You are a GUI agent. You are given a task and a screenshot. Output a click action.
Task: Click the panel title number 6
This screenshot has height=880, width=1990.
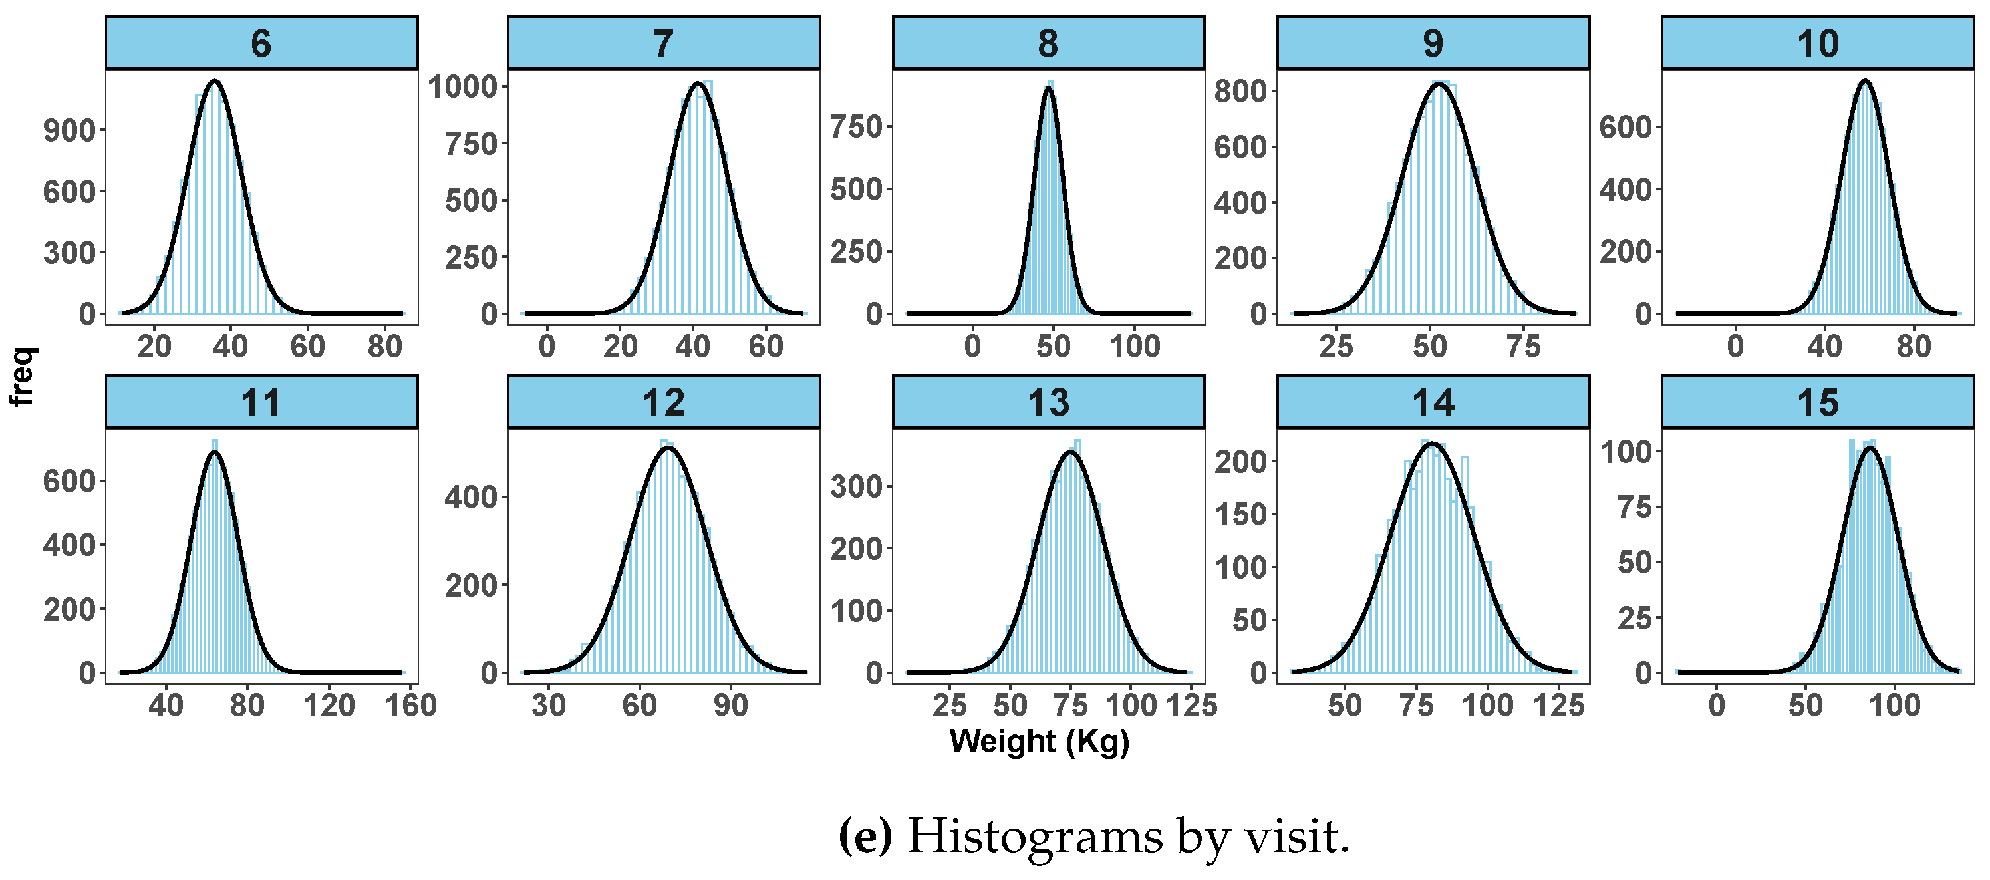tap(261, 43)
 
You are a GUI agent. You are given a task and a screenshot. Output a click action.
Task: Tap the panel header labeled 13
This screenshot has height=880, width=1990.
tap(1048, 402)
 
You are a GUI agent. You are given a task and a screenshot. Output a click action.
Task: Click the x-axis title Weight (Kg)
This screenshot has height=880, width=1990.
tap(1039, 741)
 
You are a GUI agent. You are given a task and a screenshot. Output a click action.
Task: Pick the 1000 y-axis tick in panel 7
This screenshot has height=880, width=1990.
tap(464, 86)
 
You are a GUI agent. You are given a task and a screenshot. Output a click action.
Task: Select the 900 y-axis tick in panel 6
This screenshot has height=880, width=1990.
tap(70, 130)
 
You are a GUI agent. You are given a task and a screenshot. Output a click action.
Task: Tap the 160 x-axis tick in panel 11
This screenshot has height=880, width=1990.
tap(411, 704)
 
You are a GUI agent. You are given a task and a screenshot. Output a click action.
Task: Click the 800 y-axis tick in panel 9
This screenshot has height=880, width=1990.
tap(1240, 91)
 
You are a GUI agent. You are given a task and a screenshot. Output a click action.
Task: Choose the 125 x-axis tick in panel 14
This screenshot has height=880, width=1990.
tap(1559, 704)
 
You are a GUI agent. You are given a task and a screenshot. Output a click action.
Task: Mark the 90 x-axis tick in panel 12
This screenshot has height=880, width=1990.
tap(730, 704)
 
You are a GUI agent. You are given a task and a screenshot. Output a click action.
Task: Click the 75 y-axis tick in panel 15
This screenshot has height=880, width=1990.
tap(1635, 508)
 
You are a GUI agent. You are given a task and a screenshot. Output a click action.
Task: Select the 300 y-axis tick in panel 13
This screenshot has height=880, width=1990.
tap(856, 487)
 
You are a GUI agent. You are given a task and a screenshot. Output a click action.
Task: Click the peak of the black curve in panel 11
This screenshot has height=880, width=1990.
tap(214, 452)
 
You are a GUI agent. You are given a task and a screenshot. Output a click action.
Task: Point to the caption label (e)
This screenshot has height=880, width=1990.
tap(865, 837)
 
